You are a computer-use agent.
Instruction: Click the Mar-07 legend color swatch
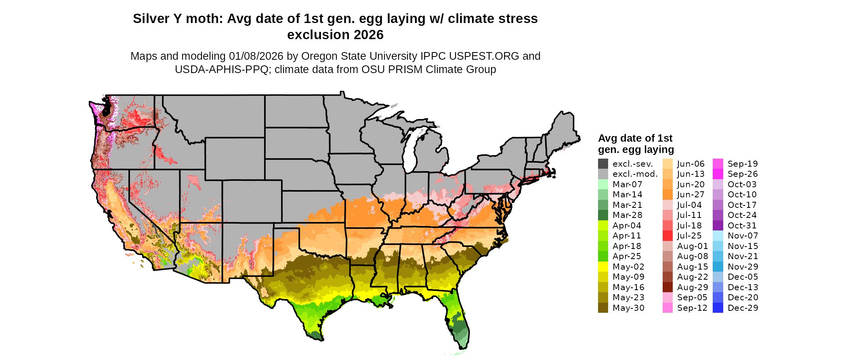coord(603,184)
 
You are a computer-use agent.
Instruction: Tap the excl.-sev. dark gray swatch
coord(603,164)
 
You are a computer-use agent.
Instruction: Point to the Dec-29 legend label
coord(743,308)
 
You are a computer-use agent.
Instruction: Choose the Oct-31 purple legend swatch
coord(718,226)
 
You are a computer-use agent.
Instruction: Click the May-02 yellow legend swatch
coord(603,267)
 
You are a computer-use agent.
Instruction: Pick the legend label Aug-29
coord(693,287)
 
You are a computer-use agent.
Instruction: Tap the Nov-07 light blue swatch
coord(718,236)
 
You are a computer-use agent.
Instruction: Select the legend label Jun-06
coord(691,164)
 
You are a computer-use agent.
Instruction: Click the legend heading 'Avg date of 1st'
coord(635,138)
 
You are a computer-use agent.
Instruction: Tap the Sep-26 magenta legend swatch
coord(718,174)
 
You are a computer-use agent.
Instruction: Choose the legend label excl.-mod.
coord(635,174)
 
